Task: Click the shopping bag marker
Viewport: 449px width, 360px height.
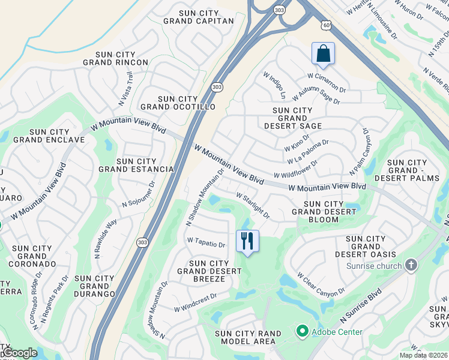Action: pyautogui.click(x=323, y=53)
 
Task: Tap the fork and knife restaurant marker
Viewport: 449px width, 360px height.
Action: pyautogui.click(x=247, y=241)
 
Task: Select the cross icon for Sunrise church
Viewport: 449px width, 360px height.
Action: pyautogui.click(x=411, y=265)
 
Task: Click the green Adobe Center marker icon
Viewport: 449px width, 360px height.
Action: pyautogui.click(x=302, y=331)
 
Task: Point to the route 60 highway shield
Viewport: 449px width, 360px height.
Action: pyautogui.click(x=325, y=25)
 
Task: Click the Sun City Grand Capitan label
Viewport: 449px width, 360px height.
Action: pyautogui.click(x=198, y=16)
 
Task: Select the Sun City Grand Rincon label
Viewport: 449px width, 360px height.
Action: pyautogui.click(x=116, y=58)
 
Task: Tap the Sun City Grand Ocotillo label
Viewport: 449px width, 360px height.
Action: pyautogui.click(x=178, y=103)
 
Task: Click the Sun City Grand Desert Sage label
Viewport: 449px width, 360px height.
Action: pyautogui.click(x=293, y=118)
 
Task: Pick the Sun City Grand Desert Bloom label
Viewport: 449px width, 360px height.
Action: pyautogui.click(x=324, y=212)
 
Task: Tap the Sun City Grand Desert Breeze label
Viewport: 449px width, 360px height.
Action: pyautogui.click(x=209, y=271)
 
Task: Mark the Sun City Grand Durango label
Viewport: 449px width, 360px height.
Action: pyautogui.click(x=95, y=286)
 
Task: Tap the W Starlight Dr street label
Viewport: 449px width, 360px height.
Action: pyautogui.click(x=253, y=205)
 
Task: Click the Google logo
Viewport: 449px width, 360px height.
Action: pyautogui.click(x=19, y=353)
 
